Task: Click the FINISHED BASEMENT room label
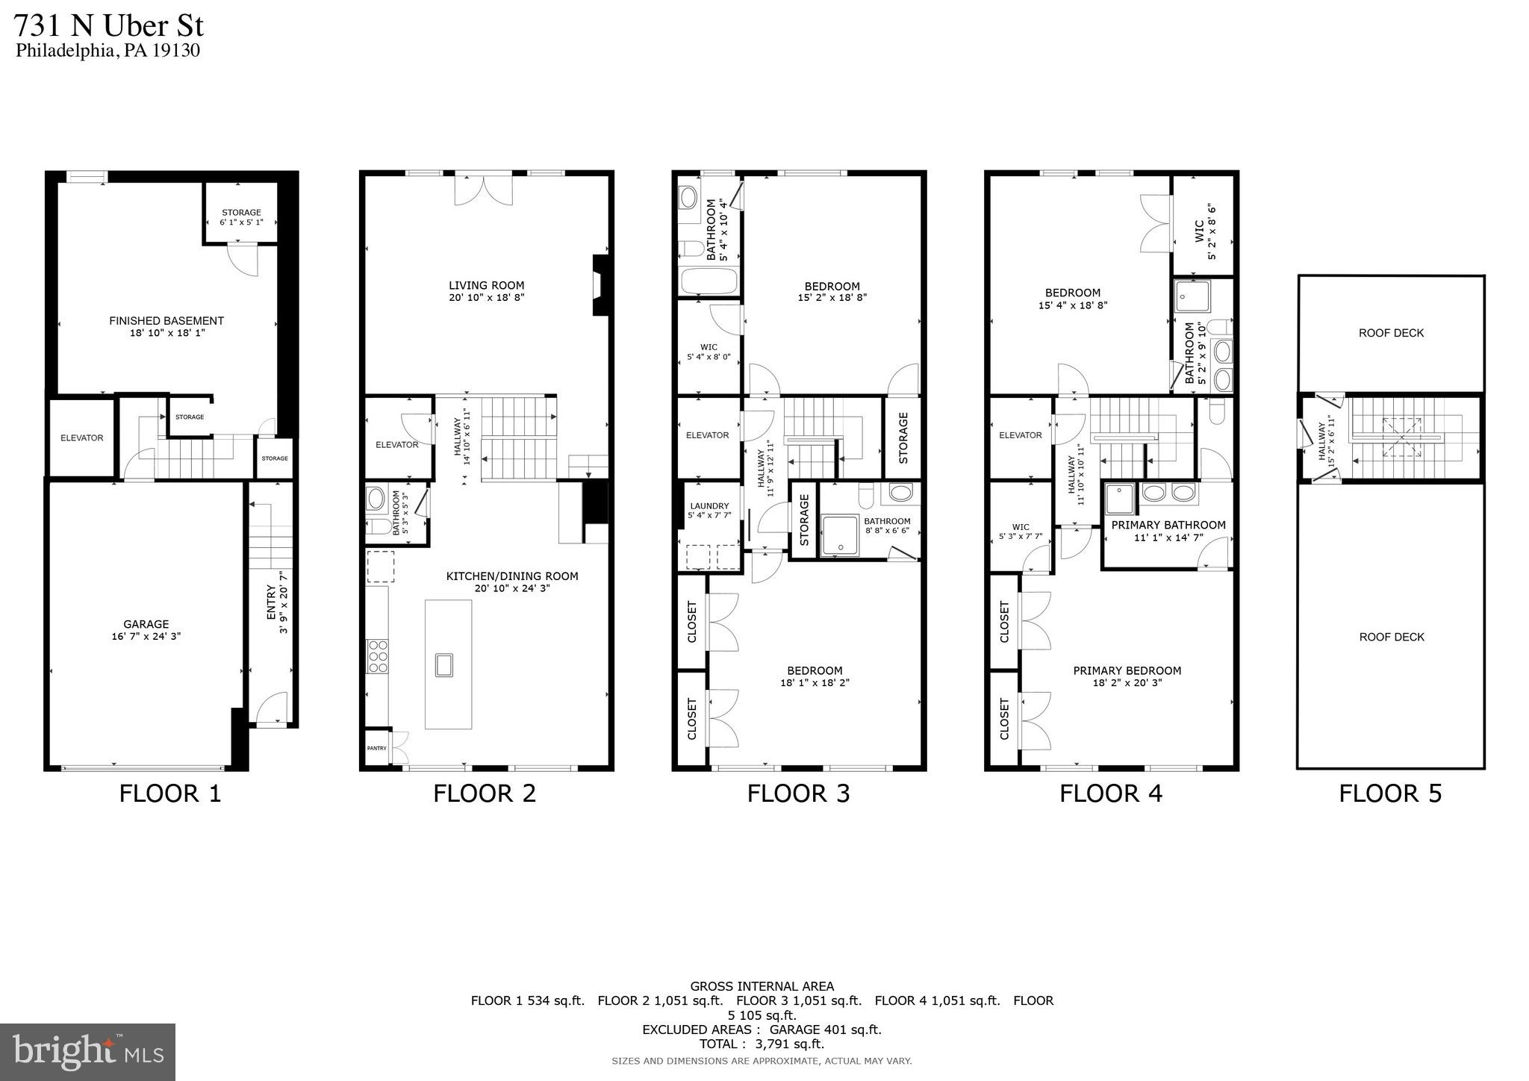(166, 321)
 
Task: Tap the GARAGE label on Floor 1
(146, 624)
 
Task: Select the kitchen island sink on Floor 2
(444, 664)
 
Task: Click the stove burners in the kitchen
(378, 657)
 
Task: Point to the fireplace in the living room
(600, 286)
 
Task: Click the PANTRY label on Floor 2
(376, 748)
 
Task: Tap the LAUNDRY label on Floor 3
(709, 505)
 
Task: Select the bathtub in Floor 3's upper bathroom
(709, 282)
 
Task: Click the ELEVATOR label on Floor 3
(707, 435)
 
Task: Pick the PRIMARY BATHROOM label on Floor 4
(1168, 526)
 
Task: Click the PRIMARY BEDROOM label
(1127, 670)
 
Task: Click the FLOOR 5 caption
(1389, 794)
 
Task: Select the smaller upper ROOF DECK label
(1391, 333)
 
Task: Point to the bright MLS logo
(87, 1052)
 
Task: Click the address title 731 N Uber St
(109, 26)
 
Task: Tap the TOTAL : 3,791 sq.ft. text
(762, 1044)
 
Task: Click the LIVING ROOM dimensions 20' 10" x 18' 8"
(486, 297)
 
